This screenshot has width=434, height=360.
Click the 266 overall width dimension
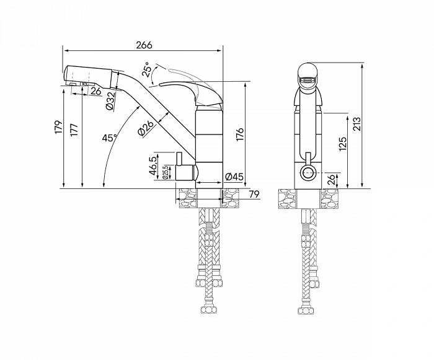click(x=144, y=45)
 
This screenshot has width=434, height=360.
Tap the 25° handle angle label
click(x=147, y=69)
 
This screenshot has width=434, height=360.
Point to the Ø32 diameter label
click(x=110, y=101)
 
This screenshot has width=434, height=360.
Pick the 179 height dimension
click(x=59, y=127)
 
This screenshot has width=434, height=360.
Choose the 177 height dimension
click(x=74, y=129)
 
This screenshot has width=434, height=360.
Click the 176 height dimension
click(x=240, y=134)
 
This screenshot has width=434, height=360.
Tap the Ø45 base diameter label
click(x=234, y=177)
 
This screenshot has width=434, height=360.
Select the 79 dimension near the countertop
click(x=254, y=195)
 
